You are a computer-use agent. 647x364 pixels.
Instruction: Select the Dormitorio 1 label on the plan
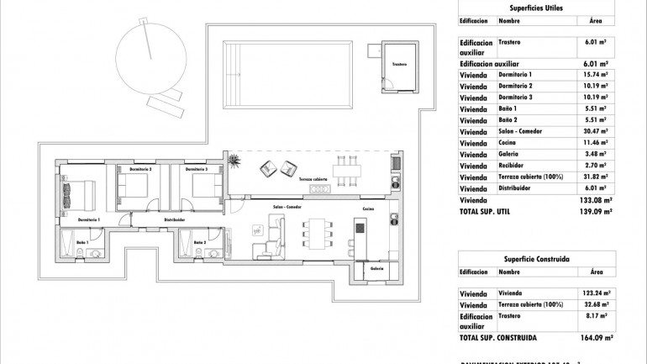88,219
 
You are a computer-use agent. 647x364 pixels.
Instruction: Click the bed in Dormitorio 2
135,187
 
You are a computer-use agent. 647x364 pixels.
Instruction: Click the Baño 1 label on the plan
82,242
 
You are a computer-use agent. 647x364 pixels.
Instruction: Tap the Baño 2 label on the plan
199,242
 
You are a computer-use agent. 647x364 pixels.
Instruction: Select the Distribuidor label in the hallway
174,219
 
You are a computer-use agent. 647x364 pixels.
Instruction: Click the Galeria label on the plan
376,269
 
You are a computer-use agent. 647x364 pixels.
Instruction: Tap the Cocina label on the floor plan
368,208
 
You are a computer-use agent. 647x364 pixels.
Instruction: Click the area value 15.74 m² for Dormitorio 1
595,75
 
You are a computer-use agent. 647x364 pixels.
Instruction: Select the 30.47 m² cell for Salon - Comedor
595,132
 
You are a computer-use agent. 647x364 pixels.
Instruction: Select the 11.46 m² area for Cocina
595,144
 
